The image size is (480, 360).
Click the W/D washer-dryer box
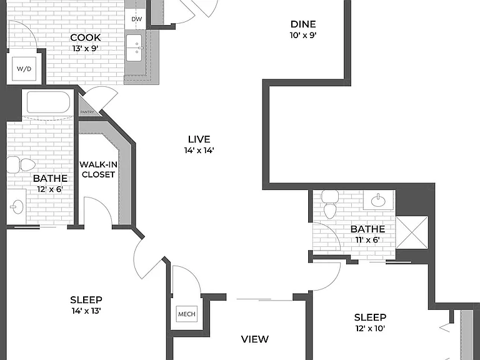tap(24, 69)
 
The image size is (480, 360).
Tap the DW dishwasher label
tap(137, 19)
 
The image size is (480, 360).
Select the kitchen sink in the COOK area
tap(134, 47)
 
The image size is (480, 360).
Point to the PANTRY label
tap(87, 112)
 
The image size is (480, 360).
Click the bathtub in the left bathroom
tap(48, 102)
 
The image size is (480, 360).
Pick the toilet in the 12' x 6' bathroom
tap(21, 165)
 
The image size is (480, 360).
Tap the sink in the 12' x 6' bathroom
tap(17, 207)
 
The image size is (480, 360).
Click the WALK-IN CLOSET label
tap(98, 169)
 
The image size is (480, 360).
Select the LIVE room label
tap(199, 139)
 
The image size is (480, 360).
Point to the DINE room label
tap(303, 24)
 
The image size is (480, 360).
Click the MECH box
tap(187, 314)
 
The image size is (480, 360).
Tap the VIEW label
tap(255, 339)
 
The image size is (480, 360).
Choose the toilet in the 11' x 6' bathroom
tap(330, 204)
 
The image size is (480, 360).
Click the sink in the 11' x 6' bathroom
tap(378, 200)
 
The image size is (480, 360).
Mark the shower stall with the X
tap(412, 232)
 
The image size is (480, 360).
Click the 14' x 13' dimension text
tap(86, 311)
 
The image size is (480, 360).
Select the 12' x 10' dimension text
tap(370, 329)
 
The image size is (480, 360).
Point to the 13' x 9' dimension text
tap(86, 48)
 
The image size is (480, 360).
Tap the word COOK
tap(86, 37)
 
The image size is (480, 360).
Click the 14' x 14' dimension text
tap(199, 150)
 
